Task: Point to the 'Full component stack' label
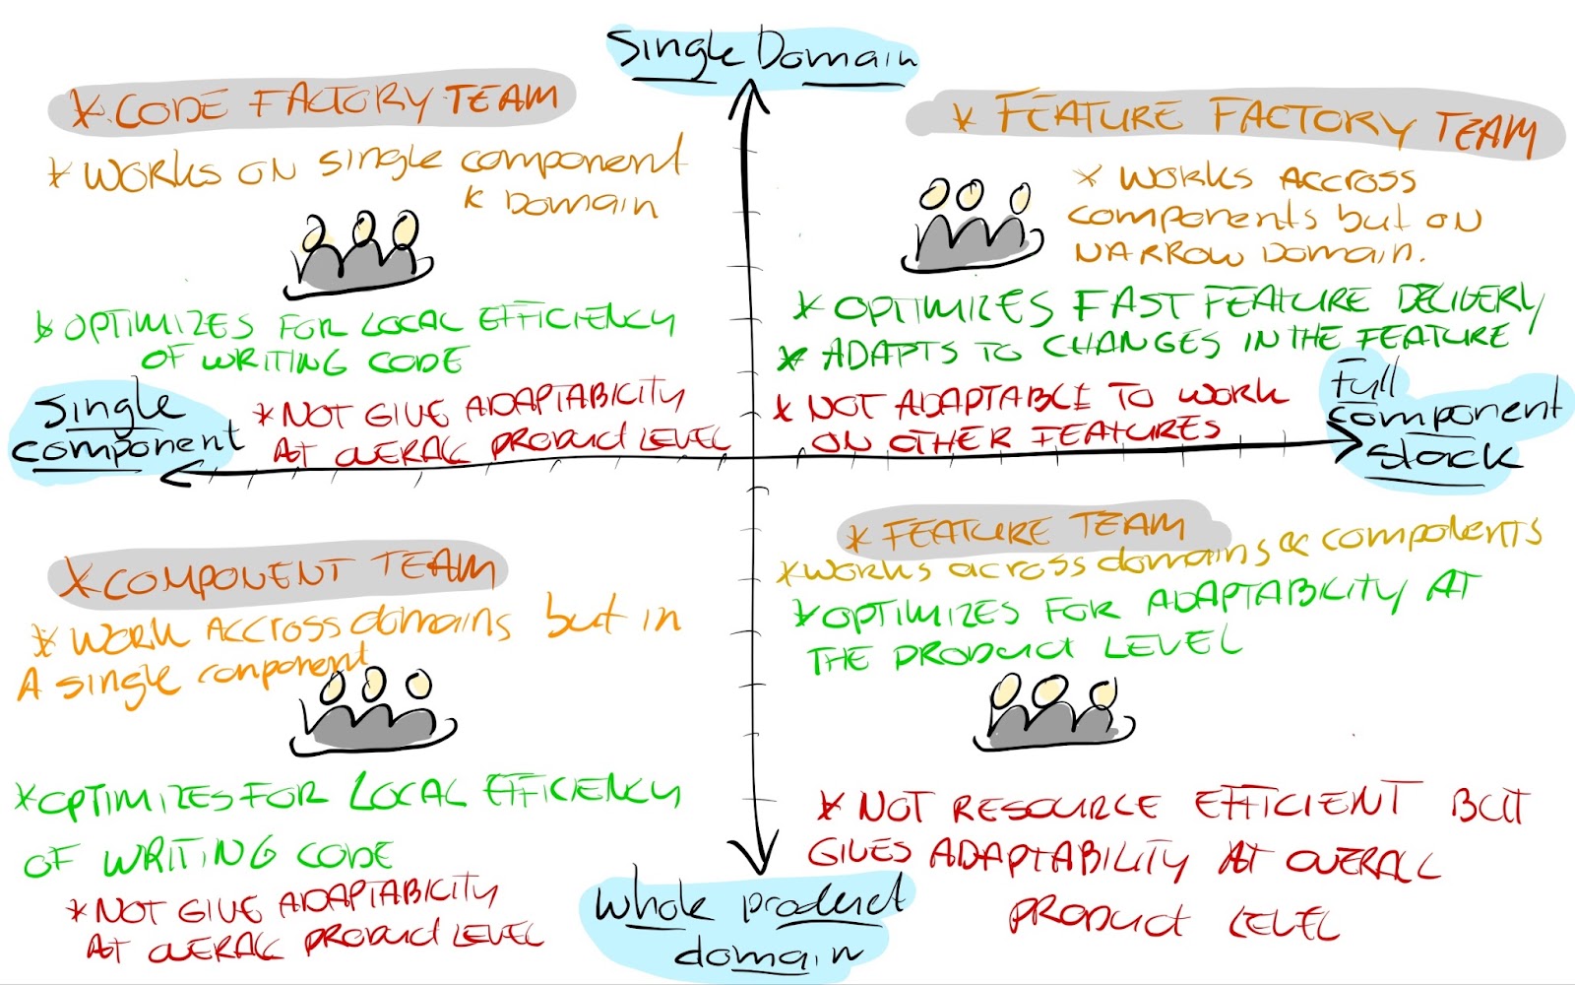[1443, 424]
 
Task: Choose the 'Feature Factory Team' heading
[1240, 124]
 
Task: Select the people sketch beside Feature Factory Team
[971, 227]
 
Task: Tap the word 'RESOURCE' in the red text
[1053, 808]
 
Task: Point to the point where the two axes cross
[754, 458]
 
